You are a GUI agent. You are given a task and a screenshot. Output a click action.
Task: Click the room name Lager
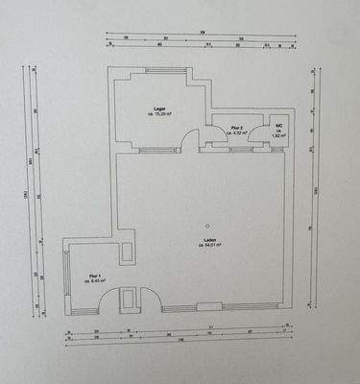coord(160,109)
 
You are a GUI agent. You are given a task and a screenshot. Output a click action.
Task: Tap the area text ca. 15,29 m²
coord(160,116)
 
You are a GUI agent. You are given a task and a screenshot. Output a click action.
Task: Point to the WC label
coord(278,126)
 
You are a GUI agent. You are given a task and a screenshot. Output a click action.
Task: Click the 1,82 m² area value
coord(278,137)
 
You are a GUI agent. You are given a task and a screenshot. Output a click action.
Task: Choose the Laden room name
coord(209,239)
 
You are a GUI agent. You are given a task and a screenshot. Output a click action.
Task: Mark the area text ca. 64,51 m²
coord(209,246)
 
